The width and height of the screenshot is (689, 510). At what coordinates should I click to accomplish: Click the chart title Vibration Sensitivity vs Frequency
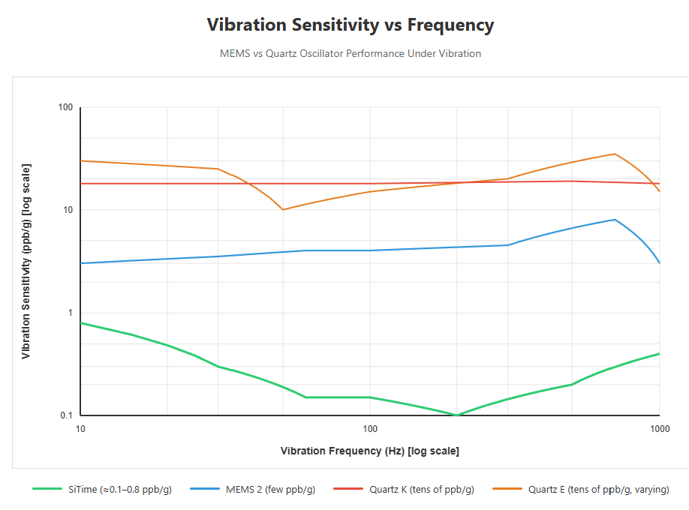pyautogui.click(x=350, y=25)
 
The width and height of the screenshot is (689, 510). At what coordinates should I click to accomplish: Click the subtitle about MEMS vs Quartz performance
pyautogui.click(x=350, y=54)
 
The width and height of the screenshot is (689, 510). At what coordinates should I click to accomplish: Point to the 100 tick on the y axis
pyautogui.click(x=65, y=107)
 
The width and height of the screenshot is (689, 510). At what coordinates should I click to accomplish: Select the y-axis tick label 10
pyautogui.click(x=68, y=210)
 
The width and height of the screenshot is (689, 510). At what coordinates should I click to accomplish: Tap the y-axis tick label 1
pyautogui.click(x=70, y=313)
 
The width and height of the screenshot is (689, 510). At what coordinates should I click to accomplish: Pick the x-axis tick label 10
pyautogui.click(x=80, y=429)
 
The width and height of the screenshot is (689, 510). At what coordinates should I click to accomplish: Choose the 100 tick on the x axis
pyautogui.click(x=369, y=429)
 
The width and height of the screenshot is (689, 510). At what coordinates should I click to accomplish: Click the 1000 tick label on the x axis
pyautogui.click(x=659, y=429)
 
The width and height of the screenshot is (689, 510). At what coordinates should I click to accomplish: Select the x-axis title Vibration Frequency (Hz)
pyautogui.click(x=369, y=451)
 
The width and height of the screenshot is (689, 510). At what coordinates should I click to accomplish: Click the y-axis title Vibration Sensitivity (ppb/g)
pyautogui.click(x=26, y=261)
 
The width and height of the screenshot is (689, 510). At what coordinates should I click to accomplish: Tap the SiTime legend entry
pyautogui.click(x=103, y=490)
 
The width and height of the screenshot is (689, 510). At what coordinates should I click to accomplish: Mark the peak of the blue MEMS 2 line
pyautogui.click(x=615, y=220)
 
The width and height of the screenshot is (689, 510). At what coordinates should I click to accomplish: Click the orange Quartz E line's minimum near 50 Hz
pyautogui.click(x=283, y=209)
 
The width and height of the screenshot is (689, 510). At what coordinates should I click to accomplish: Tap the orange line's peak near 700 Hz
pyautogui.click(x=615, y=154)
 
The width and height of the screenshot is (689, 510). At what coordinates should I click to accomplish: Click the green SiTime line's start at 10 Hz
pyautogui.click(x=81, y=322)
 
